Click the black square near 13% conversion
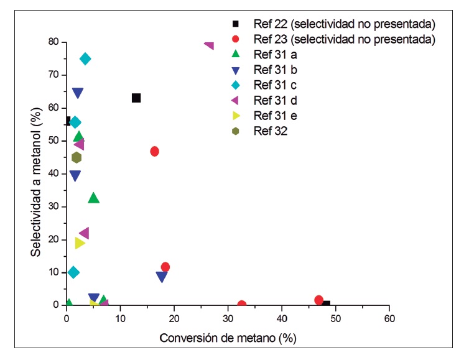[x=136, y=98]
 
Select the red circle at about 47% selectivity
[x=155, y=151]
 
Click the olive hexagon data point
[x=77, y=157]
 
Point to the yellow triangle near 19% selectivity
[x=80, y=243]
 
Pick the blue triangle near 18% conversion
[x=162, y=277]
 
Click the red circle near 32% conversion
[x=242, y=305]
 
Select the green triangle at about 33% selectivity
[x=94, y=198]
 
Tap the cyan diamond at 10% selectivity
[x=73, y=272]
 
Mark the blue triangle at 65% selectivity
[x=78, y=93]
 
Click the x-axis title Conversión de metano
[x=227, y=338]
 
